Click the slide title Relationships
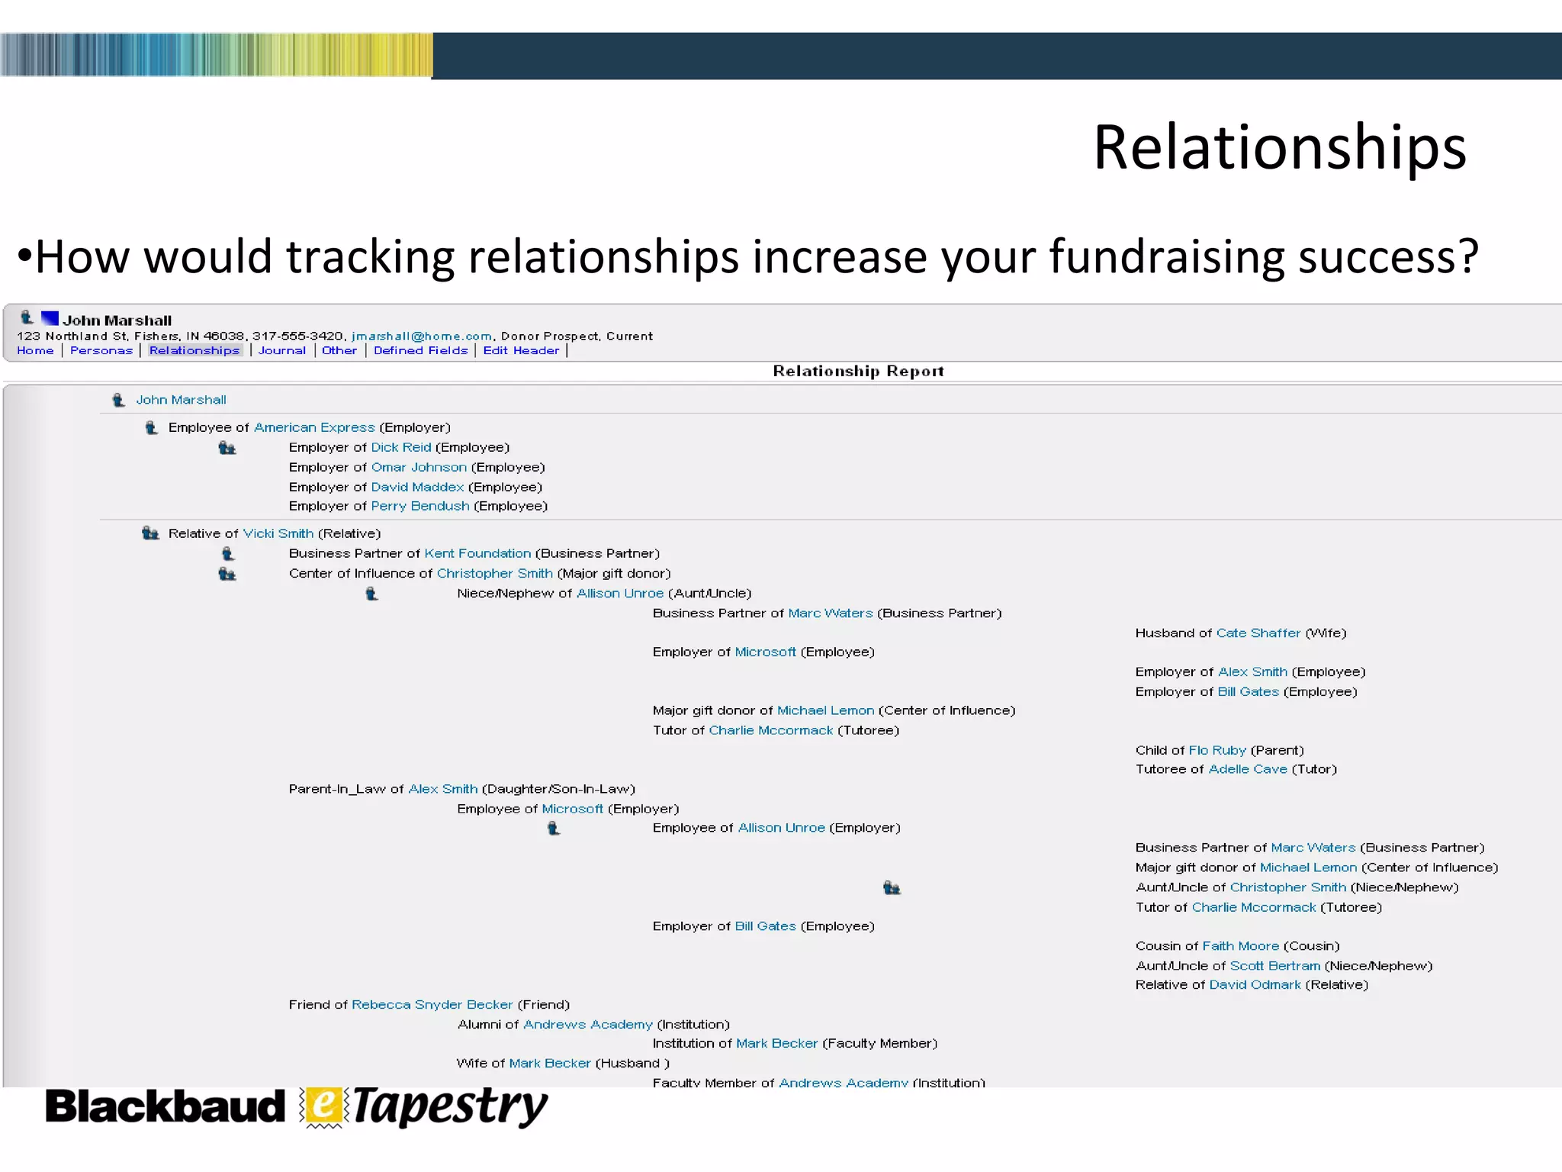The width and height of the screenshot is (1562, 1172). [x=1279, y=147]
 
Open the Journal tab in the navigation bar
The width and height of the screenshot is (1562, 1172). [x=281, y=350]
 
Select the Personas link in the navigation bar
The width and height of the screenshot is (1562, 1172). [x=101, y=350]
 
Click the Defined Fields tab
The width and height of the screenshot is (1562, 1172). [x=420, y=350]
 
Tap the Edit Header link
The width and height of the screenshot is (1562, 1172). [x=521, y=350]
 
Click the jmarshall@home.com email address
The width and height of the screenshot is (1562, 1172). [x=421, y=336]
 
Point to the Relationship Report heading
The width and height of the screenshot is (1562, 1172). [x=858, y=371]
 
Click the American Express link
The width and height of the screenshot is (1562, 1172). [x=314, y=427]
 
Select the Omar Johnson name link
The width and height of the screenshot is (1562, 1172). [x=419, y=467]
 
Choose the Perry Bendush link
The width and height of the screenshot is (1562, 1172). [x=420, y=506]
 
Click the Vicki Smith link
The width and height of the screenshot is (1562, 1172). [x=278, y=533]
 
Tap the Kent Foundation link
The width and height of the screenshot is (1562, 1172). [x=477, y=553]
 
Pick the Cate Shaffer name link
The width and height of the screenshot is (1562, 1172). [x=1258, y=633]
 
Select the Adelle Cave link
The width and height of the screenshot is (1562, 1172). [x=1248, y=769]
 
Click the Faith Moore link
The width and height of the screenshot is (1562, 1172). [x=1240, y=946]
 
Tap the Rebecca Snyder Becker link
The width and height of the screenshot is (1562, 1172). [x=432, y=1004]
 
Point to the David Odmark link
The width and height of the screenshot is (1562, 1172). [x=1255, y=985]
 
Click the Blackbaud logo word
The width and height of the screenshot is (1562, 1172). [x=165, y=1107]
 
